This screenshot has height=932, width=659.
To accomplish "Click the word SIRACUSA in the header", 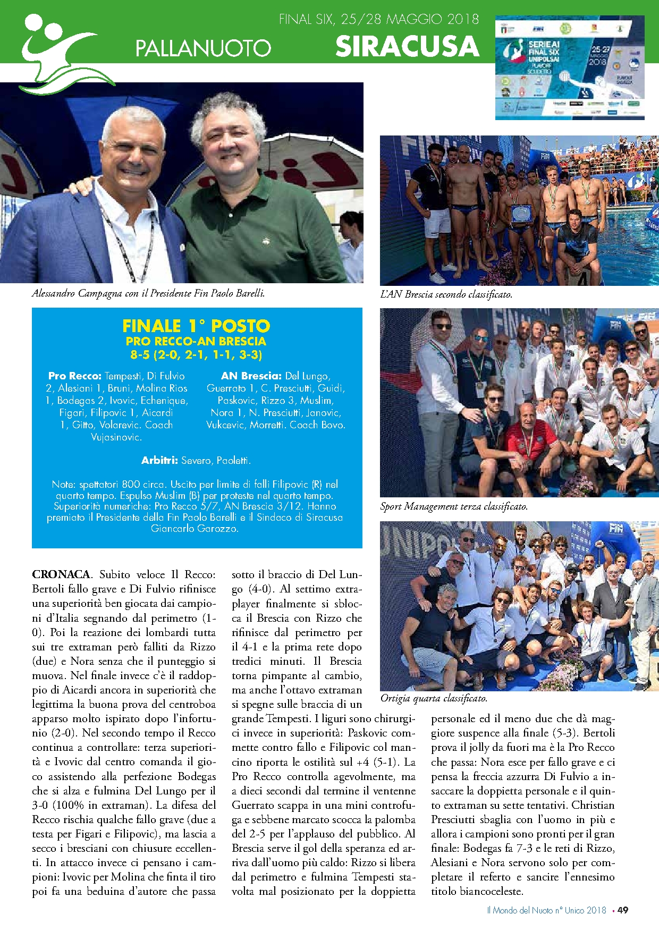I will (407, 46).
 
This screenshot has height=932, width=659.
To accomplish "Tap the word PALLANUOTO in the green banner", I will (203, 48).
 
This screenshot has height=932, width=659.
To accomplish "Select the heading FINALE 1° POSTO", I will (196, 326).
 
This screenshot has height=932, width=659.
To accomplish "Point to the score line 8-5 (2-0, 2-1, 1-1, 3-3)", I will (196, 354).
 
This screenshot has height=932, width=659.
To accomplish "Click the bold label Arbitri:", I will (159, 460).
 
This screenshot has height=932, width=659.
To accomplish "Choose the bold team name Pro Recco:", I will (75, 376).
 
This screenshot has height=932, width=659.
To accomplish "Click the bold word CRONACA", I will (61, 574).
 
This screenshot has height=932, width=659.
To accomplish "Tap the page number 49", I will (623, 910).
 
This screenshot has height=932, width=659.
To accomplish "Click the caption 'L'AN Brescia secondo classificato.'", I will (446, 294).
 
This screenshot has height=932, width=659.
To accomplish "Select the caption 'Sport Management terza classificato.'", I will (454, 506).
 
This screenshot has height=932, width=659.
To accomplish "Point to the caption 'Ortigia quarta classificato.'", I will (434, 698).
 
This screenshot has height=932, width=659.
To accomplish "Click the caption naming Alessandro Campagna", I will (148, 293).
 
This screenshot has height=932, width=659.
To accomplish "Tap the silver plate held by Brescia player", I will (519, 214).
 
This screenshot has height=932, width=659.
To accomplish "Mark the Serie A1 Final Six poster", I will (569, 67).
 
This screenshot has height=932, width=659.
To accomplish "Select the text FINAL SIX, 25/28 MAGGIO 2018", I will (378, 20).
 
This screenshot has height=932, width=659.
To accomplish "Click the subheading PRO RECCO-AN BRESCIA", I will (196, 341).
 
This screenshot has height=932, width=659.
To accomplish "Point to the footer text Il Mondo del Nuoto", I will (546, 910).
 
